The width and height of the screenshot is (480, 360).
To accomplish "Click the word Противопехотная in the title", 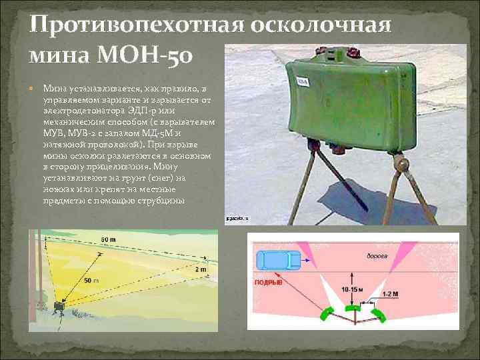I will tap(133, 25).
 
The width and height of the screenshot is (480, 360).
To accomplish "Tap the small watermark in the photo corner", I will tap(238, 218).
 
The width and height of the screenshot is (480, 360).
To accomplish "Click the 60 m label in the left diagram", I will tap(109, 239).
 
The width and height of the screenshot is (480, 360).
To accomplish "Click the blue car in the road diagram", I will tap(279, 260).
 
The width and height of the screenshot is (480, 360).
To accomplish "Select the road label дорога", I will tap(377, 256).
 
